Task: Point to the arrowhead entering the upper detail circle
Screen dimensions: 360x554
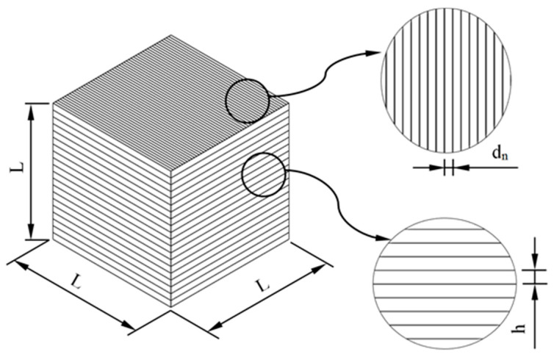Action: point(375,52)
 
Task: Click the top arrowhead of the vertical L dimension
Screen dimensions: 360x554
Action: point(32,107)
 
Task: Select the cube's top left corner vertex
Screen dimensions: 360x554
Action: point(53,102)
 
